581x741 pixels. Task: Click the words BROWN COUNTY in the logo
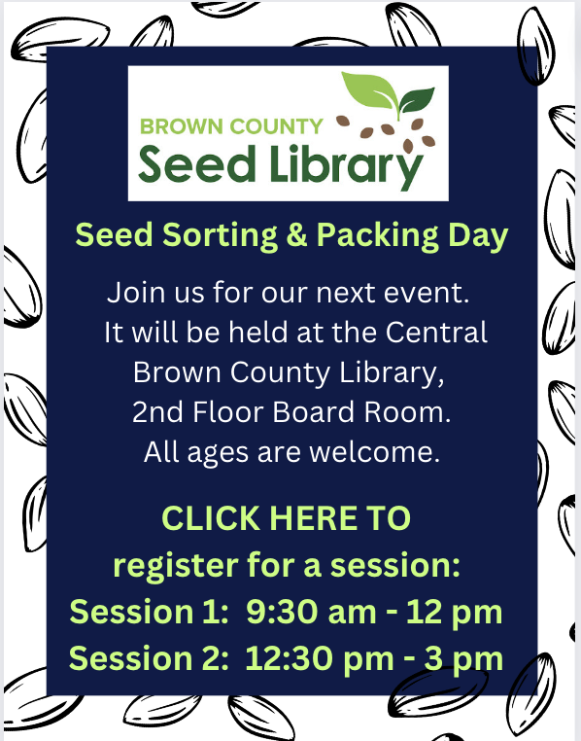coord(231,126)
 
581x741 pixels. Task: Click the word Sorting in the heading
coord(220,235)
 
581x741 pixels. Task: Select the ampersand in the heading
coord(296,235)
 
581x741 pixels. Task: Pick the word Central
coord(436,333)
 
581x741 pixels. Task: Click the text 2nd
coord(157,412)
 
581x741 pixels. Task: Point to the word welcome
coord(374,452)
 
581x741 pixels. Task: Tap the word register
coord(176,566)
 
